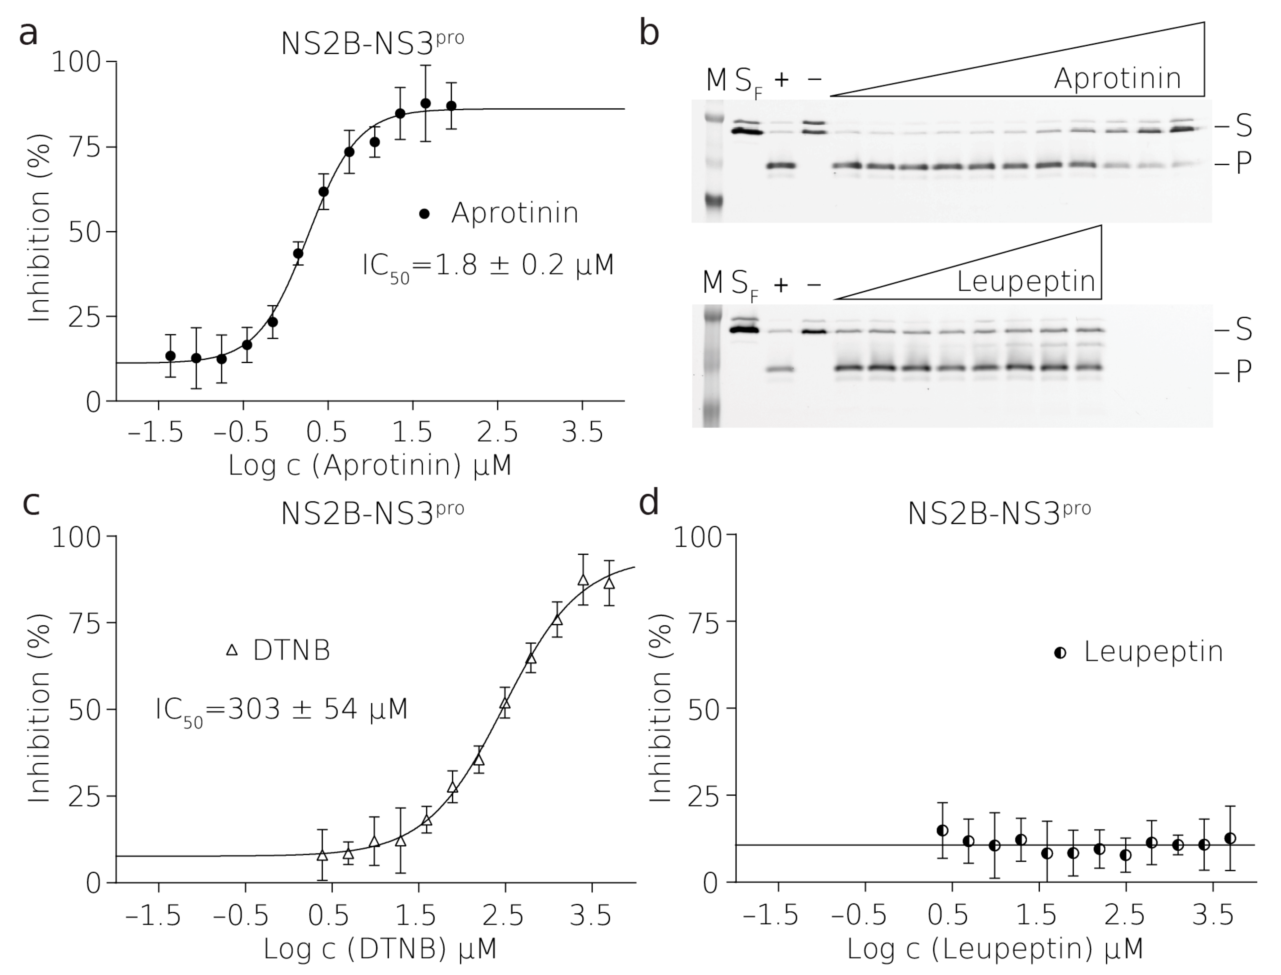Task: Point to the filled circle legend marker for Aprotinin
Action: coord(425,214)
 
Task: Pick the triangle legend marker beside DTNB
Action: coord(232,650)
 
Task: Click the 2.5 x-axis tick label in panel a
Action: coord(498,433)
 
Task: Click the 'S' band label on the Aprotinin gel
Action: coord(1243,126)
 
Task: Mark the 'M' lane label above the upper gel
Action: coord(716,80)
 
